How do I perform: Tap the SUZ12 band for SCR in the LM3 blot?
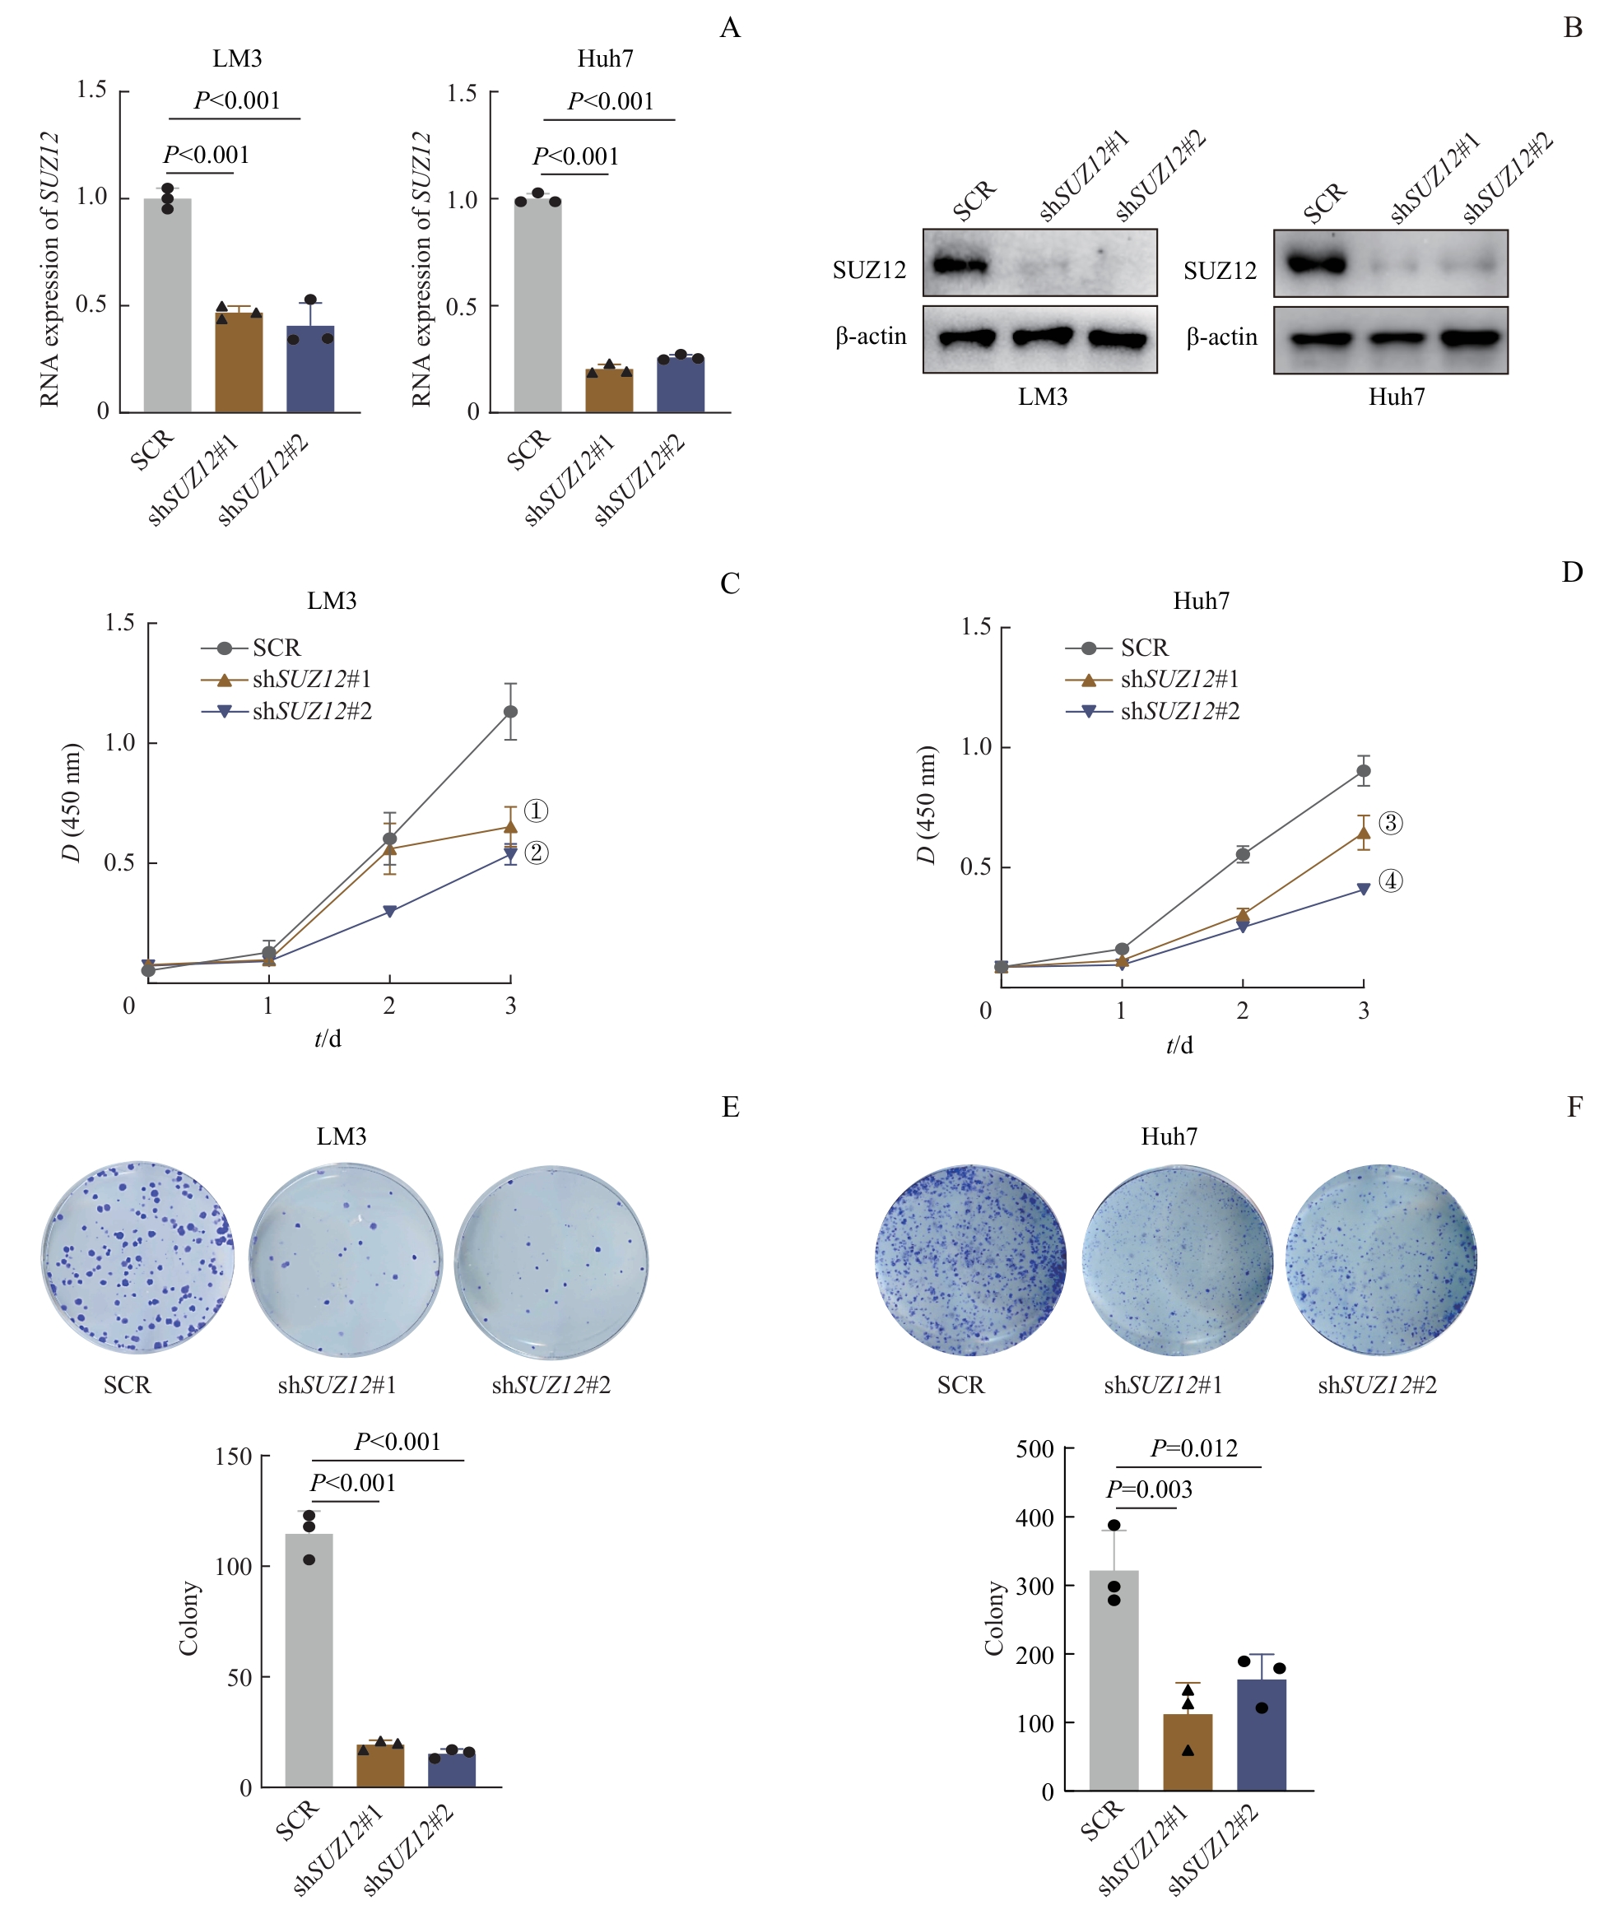(x=960, y=266)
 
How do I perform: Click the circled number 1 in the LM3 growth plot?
(x=537, y=811)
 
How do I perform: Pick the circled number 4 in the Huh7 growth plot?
(x=1390, y=880)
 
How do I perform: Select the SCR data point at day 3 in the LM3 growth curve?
(x=510, y=711)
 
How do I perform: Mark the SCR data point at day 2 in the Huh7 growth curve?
(x=1242, y=854)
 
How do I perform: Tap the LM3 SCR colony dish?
(x=138, y=1256)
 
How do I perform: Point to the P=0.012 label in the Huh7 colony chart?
(x=1194, y=1447)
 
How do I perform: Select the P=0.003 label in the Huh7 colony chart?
(x=1148, y=1489)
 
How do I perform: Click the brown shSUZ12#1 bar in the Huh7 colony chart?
(x=1188, y=1751)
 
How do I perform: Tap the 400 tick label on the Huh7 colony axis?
(x=1034, y=1517)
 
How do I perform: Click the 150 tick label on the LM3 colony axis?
(x=234, y=1457)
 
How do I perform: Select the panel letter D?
(x=1572, y=572)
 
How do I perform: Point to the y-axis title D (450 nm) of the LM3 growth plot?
(x=72, y=802)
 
